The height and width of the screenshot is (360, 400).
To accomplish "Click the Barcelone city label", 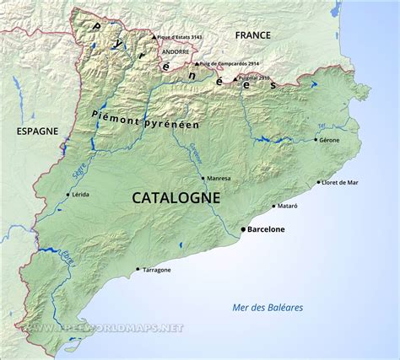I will pyautogui.click(x=266, y=229).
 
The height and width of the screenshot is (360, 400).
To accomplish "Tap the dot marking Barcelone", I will pyautogui.click(x=243, y=229).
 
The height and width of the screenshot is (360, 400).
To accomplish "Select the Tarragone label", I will pyautogui.click(x=157, y=270).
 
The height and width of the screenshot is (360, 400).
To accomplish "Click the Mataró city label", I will pyautogui.click(x=289, y=206).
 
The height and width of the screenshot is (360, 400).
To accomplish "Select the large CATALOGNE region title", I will pyautogui.click(x=176, y=197).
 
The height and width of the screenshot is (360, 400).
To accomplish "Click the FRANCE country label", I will pyautogui.click(x=253, y=35).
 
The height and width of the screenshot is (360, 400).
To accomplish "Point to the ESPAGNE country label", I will pyautogui.click(x=37, y=132).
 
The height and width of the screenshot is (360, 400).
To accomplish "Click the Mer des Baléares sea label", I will pyautogui.click(x=268, y=307).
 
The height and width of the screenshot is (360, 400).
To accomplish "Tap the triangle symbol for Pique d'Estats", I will pyautogui.click(x=154, y=37).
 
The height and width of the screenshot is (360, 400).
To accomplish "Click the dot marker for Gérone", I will pyautogui.click(x=315, y=140).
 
